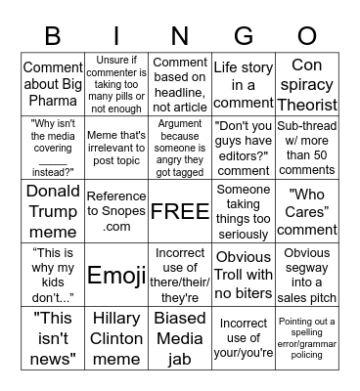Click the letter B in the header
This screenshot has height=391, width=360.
(x=52, y=36)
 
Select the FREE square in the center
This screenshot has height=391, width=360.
(x=180, y=210)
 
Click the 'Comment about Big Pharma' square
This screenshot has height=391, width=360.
(x=52, y=83)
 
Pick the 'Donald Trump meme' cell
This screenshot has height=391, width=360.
(x=52, y=210)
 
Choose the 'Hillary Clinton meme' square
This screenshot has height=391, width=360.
(x=116, y=337)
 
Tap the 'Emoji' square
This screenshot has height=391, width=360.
(x=116, y=274)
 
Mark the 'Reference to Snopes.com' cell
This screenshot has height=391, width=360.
(x=116, y=210)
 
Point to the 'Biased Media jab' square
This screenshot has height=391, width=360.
(x=180, y=337)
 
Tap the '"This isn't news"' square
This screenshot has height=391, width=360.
(x=52, y=337)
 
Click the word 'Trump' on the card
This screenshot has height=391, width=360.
(x=52, y=209)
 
